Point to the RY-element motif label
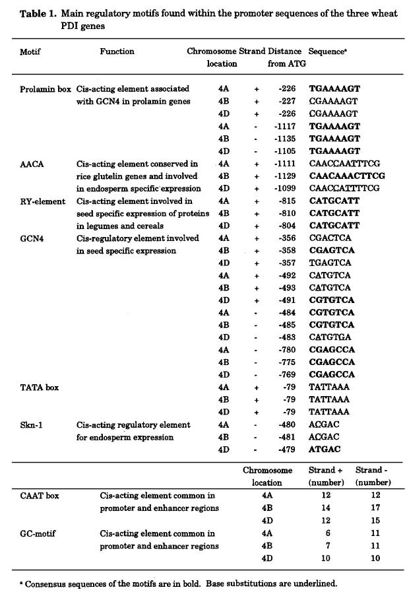43,201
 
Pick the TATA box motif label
39,387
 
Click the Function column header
117,51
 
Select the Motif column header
30,51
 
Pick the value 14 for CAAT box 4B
322,508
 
